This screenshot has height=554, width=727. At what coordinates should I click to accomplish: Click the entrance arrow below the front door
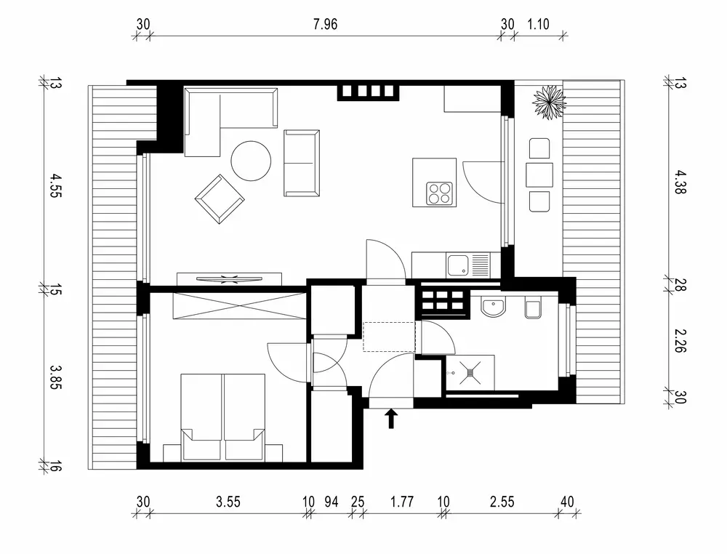[391, 418]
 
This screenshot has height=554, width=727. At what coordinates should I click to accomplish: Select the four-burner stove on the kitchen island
[439, 193]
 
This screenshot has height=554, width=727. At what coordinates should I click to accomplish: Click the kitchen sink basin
[458, 265]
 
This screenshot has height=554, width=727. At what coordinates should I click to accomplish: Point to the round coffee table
[251, 161]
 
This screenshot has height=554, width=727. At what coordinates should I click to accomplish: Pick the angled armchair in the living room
[218, 198]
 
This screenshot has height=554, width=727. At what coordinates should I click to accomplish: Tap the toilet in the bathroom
[533, 309]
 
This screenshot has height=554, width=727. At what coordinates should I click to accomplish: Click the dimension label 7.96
[325, 24]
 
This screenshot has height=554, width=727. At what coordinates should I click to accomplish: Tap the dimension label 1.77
[402, 501]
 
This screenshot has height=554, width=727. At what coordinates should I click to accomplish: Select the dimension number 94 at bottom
[331, 501]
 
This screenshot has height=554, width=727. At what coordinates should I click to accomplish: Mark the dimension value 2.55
[502, 501]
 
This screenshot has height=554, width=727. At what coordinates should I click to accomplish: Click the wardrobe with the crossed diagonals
[239, 305]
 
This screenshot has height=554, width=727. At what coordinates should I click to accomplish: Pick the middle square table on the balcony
[539, 174]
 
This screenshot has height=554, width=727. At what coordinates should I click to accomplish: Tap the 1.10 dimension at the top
[538, 24]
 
